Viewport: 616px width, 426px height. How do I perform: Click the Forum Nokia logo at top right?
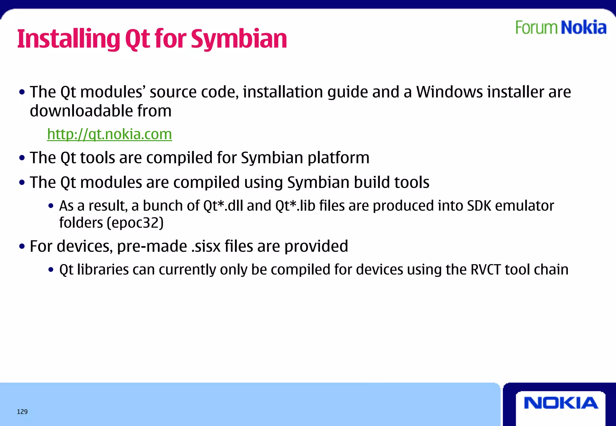coord(561,28)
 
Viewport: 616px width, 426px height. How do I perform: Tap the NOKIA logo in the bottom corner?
coord(561,403)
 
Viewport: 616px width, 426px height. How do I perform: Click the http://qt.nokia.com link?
coord(109,134)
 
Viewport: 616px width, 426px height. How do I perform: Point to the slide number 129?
coord(22,412)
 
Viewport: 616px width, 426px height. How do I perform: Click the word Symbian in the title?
coord(239,39)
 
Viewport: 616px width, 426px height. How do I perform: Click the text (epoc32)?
coord(135,223)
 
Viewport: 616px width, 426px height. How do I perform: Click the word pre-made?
coord(152,246)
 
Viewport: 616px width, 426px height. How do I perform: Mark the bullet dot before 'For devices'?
coord(22,247)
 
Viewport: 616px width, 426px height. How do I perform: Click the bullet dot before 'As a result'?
coord(51,206)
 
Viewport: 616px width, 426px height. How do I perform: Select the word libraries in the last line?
coord(103,269)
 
